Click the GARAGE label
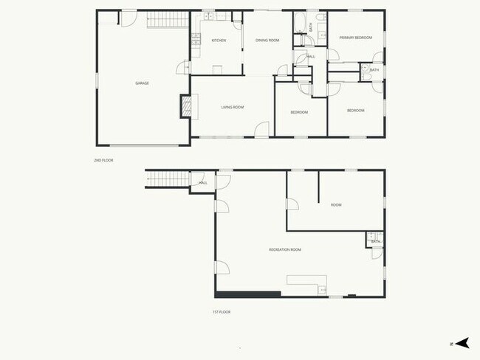point(142,83)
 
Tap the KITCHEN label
point(219,40)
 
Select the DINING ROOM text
point(267,40)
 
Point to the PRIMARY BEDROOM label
point(355,38)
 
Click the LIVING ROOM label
point(233,108)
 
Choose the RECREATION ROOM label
point(285,249)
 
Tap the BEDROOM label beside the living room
point(299,112)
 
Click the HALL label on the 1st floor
point(203,183)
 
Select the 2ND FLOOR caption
point(103,160)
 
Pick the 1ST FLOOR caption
point(222,312)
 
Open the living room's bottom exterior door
point(262,130)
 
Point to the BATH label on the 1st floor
point(376,241)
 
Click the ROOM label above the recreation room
point(336,205)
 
